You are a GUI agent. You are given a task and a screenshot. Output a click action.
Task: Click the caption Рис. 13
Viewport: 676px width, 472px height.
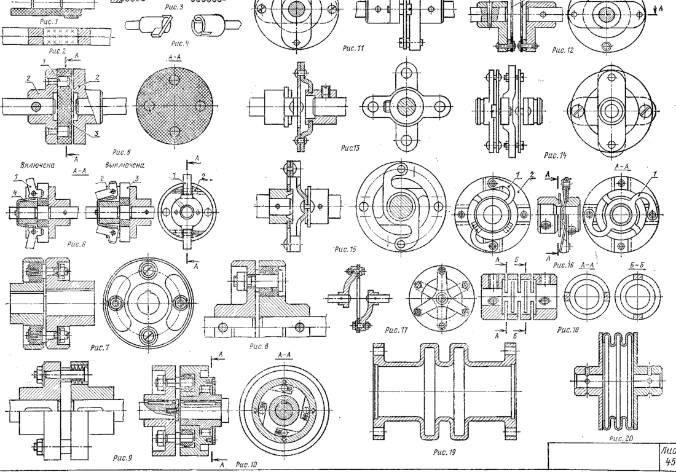350,148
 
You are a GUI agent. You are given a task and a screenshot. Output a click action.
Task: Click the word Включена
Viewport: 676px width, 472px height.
36,165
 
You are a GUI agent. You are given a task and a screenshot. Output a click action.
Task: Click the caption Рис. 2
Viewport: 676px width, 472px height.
56,50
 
